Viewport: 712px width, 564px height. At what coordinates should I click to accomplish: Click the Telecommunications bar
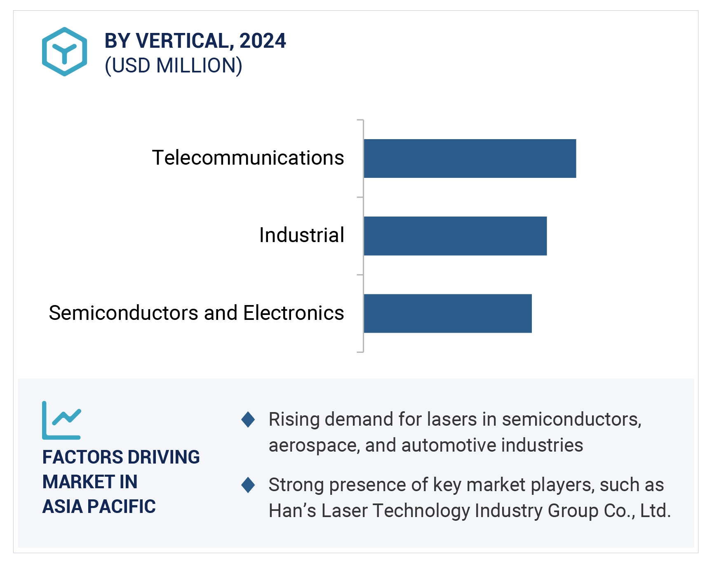click(x=470, y=158)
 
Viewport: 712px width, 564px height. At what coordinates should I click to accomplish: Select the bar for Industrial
click(x=455, y=236)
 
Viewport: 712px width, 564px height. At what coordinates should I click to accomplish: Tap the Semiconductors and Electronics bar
click(x=447, y=313)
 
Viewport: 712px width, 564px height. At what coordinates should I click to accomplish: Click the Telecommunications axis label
click(x=248, y=158)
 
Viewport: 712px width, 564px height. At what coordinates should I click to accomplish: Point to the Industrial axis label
click(x=301, y=235)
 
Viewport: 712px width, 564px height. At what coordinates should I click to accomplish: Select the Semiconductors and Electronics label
click(x=196, y=313)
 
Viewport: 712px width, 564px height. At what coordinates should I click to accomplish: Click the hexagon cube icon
click(x=64, y=51)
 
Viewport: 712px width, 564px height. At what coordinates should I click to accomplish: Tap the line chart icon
click(x=62, y=420)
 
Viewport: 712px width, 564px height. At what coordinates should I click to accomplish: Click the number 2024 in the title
click(x=263, y=41)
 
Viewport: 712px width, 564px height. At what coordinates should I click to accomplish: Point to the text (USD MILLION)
click(x=174, y=66)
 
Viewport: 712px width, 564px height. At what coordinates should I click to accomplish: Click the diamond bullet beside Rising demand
click(x=248, y=420)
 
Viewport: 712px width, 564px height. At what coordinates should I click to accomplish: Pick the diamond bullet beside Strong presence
click(x=248, y=485)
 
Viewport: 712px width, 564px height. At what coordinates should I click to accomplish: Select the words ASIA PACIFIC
click(x=99, y=506)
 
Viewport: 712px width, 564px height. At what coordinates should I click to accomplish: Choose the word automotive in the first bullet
click(x=449, y=445)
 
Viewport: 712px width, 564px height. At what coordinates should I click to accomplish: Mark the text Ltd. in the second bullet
click(x=656, y=511)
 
